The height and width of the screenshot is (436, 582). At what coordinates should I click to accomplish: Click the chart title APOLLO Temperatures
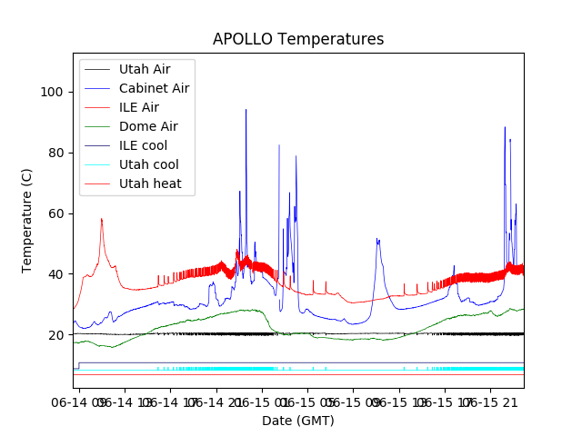point(298,39)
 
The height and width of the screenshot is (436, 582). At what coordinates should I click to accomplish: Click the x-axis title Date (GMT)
point(298,421)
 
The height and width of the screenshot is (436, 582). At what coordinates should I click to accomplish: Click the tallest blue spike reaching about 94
point(246,111)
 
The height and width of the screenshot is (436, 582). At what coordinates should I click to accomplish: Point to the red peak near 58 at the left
point(101,219)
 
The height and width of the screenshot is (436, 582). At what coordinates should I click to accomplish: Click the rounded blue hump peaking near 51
point(377,241)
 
